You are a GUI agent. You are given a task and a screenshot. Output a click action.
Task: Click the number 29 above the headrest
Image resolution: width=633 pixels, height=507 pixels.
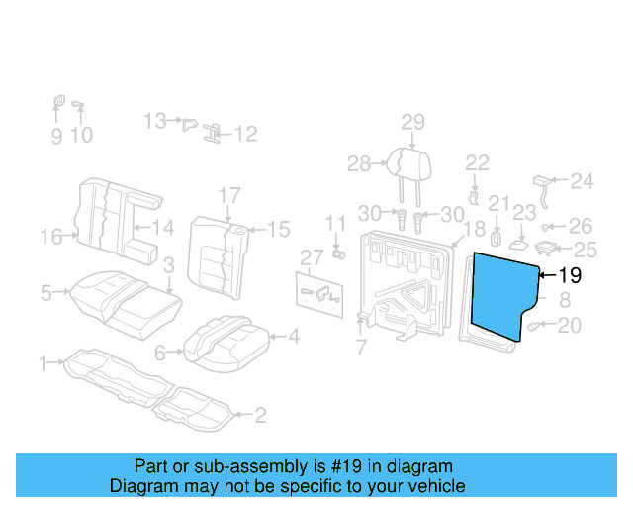pos(412,122)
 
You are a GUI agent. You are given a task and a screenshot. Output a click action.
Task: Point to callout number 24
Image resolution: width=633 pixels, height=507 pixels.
pos(583,181)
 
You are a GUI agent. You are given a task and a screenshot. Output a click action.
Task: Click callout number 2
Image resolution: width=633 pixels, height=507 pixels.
pos(260,415)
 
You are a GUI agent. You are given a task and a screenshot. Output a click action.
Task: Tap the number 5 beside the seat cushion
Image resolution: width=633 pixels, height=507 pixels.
pos(45,292)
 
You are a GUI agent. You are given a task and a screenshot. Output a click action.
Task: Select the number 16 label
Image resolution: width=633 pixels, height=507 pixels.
pos(51,236)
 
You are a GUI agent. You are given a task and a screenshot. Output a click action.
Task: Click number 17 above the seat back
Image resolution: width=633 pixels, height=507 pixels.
pos(229,194)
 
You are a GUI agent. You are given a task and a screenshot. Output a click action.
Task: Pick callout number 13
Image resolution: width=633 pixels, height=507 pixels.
pos(154,121)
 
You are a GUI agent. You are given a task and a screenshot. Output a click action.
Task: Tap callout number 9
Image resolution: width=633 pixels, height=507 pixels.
pos(55,135)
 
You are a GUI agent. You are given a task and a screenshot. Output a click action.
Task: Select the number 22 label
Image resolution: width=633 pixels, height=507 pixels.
pos(477,162)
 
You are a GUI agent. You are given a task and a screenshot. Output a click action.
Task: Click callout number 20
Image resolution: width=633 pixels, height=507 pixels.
pos(570,326)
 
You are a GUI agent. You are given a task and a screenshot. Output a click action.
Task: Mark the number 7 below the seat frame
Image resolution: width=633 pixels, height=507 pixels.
pos(361,348)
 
